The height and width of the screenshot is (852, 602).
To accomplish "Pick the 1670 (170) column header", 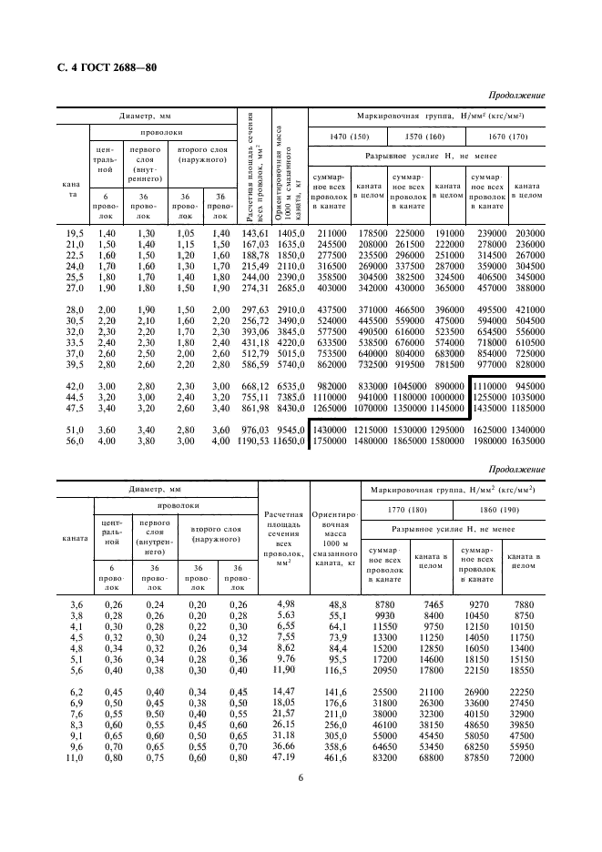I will click(x=505, y=137).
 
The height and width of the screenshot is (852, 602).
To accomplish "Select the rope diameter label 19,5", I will click(x=75, y=233).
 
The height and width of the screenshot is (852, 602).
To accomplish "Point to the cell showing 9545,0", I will click(x=292, y=429).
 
